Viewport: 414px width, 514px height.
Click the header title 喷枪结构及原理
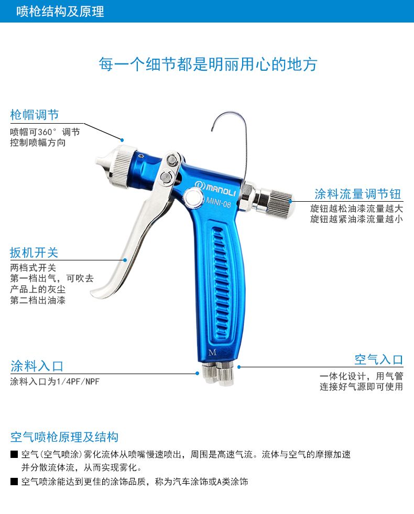coord(60,12)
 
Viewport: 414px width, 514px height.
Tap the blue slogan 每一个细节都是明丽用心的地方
coord(208,64)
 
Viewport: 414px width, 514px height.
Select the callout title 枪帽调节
coord(35,115)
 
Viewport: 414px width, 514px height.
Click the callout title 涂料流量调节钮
coord(357,194)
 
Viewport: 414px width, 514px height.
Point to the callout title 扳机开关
coord(34,253)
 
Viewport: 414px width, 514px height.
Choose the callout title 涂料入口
coord(37,366)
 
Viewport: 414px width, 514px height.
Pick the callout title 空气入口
coord(378,359)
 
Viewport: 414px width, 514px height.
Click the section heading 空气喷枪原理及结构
coord(64,437)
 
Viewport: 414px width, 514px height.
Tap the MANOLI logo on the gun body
coord(215,188)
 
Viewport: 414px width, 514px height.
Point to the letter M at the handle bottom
coord(212,353)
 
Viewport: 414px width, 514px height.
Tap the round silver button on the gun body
coord(193,199)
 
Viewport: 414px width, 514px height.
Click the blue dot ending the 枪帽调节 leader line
coord(122,140)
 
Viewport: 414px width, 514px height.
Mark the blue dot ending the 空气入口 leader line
coord(239,367)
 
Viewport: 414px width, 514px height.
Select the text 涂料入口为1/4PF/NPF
coord(55,381)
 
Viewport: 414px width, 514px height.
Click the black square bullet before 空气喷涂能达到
coord(14,482)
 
